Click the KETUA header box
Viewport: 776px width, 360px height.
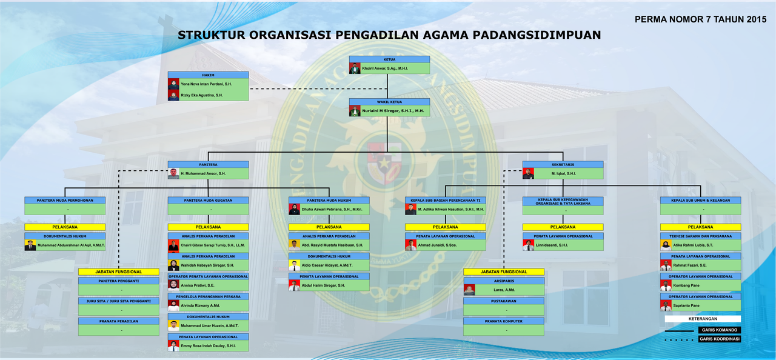(x=389, y=59)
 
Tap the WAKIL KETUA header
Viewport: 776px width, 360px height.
(x=389, y=102)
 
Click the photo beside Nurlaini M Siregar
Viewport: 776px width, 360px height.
(x=355, y=111)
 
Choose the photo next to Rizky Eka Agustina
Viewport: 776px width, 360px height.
(x=173, y=95)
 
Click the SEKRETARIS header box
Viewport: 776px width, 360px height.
(x=563, y=164)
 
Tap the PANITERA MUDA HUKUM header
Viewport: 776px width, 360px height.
(x=329, y=200)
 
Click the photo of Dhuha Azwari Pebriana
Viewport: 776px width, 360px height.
(x=294, y=209)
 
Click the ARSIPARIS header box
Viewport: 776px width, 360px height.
(x=503, y=281)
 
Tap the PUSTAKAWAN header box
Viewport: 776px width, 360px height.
(x=503, y=301)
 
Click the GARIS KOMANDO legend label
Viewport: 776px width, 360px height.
(x=719, y=330)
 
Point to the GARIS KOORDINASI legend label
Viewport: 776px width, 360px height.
(x=719, y=339)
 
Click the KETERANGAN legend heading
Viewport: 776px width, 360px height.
(x=703, y=318)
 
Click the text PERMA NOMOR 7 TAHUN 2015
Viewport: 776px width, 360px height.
(x=700, y=19)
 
